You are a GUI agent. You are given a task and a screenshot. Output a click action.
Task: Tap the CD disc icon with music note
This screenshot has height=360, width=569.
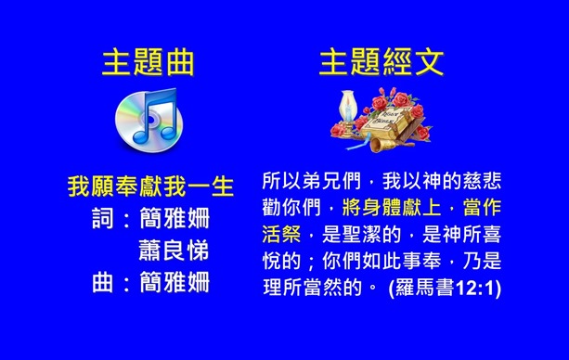click(x=149, y=119)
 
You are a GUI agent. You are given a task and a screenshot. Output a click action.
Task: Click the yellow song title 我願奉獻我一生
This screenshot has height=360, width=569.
click(x=149, y=186)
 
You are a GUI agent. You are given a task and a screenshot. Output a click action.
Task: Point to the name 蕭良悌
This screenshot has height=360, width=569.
click(x=174, y=251)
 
